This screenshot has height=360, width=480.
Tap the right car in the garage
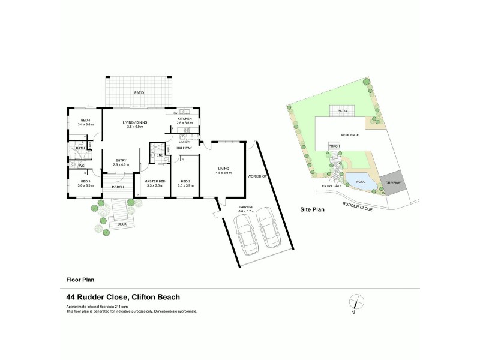tap(269, 229)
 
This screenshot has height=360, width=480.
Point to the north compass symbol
tap(356, 302)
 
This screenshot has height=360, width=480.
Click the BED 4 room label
tap(85, 120)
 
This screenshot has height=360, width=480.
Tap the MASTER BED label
tap(154, 181)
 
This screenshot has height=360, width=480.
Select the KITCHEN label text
tap(184, 119)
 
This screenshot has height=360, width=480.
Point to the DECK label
tap(122, 224)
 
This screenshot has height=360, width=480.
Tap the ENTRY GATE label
tap(331, 186)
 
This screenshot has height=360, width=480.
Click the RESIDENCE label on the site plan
tap(350, 135)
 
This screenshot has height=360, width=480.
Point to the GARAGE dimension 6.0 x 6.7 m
tap(247, 211)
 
